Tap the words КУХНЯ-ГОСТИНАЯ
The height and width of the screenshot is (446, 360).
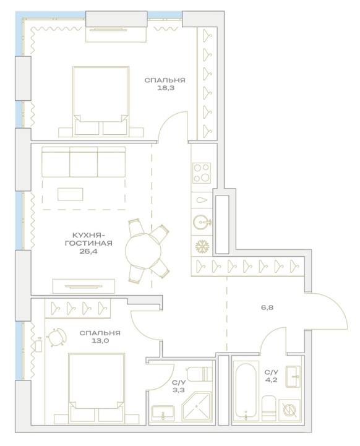click(x=88, y=239)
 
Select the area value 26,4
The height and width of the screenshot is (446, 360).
click(x=88, y=251)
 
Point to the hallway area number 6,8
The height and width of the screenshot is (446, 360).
click(x=267, y=307)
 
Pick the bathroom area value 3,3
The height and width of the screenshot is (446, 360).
click(x=179, y=390)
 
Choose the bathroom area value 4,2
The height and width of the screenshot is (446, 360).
click(x=271, y=380)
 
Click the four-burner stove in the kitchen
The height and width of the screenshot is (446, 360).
click(x=202, y=173)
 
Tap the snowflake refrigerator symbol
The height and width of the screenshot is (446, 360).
click(x=202, y=246)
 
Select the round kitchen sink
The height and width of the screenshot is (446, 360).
click(x=202, y=222)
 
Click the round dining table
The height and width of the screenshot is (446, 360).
click(x=144, y=251)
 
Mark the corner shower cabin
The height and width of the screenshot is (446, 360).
click(x=197, y=406)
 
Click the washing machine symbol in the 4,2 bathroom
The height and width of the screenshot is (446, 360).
click(x=289, y=410)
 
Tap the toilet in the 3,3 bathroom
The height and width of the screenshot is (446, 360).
click(x=200, y=374)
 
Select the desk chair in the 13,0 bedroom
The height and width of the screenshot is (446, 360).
click(x=56, y=338)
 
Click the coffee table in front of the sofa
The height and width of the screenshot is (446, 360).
click(x=71, y=194)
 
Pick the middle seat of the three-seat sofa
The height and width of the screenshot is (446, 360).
click(x=84, y=162)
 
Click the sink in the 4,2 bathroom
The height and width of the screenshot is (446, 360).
click(x=293, y=376)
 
